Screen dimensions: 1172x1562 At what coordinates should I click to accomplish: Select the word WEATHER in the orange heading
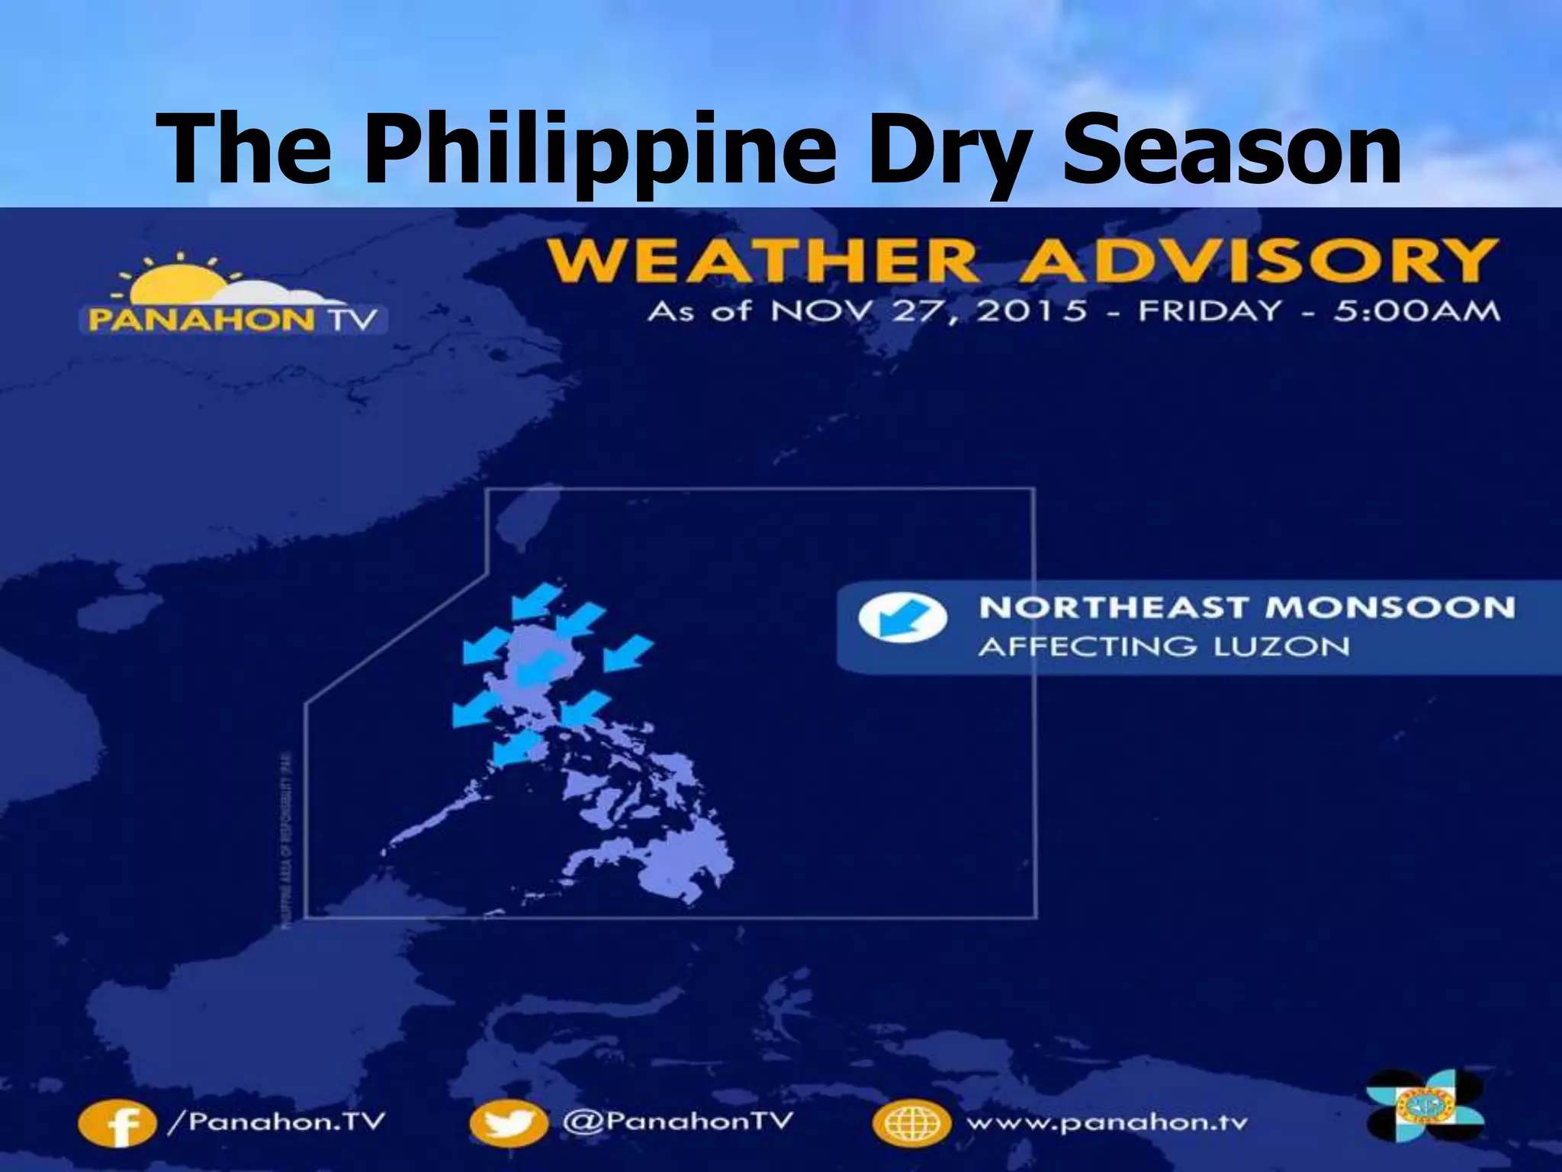[763, 262]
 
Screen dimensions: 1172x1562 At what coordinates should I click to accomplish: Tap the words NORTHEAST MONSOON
[1246, 608]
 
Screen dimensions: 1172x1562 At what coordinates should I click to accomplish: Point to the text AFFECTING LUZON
[1163, 647]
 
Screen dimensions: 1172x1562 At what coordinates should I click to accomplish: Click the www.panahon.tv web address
[1106, 1123]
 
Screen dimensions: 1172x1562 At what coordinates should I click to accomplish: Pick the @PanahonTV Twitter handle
[677, 1122]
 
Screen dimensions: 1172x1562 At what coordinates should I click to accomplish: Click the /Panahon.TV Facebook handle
[275, 1122]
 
